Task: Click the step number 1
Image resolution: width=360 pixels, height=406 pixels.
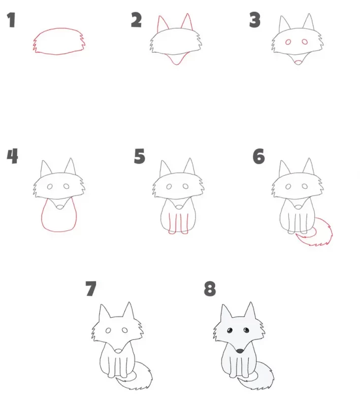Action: pos(11,20)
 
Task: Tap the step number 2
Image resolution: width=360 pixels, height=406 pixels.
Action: pos(136,20)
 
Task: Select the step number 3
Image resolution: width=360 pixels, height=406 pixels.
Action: pos(254,20)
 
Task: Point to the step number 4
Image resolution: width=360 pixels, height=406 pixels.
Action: pos(12,156)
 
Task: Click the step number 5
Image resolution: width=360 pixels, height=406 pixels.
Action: pos(139,156)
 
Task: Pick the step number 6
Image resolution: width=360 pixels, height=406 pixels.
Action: pos(259,156)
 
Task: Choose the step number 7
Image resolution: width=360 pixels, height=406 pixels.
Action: pos(91,289)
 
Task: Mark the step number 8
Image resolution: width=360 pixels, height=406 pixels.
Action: pos(210,289)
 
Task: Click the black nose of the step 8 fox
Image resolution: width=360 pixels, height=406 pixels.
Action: pos(240,351)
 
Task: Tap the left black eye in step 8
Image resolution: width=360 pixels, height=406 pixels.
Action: pos(230,330)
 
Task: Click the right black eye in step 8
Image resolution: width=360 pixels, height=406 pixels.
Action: pos(246,330)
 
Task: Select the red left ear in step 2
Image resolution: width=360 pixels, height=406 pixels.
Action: pos(162,24)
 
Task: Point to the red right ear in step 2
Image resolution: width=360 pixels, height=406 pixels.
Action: pos(187,22)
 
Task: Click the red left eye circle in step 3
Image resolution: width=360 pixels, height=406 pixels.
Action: pos(288,42)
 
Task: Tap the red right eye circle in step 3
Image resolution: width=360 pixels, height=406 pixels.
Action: pos(305,42)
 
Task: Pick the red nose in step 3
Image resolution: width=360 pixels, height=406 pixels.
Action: pos(298,62)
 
